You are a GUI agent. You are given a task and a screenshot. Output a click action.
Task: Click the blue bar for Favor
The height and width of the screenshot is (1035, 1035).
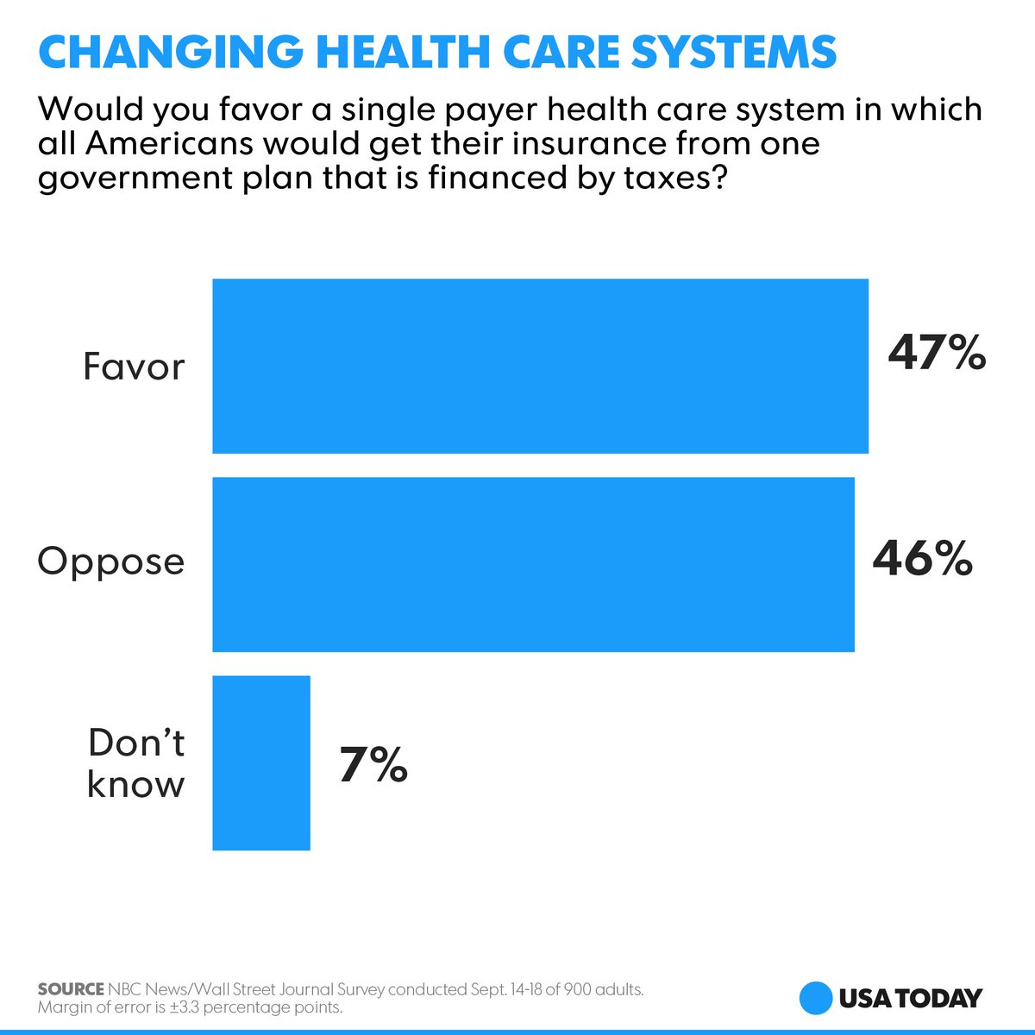coord(540,366)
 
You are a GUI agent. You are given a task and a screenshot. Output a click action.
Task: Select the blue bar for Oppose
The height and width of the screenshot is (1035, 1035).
coord(533,564)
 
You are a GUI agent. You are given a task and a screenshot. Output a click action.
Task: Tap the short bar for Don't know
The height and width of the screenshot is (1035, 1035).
coord(261,762)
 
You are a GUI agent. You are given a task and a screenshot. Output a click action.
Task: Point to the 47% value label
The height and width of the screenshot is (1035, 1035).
coord(937,353)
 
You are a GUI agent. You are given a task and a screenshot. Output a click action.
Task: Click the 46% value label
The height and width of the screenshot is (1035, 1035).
coord(923,558)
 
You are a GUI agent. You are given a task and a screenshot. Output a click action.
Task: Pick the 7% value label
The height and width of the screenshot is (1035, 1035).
coord(373,764)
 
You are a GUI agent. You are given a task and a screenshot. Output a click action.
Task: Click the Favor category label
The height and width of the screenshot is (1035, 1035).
coord(134,367)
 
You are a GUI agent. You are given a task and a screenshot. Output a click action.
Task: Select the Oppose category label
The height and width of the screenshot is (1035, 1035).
coord(111,562)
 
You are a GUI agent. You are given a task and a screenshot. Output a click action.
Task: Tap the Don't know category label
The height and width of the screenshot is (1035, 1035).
coord(136,763)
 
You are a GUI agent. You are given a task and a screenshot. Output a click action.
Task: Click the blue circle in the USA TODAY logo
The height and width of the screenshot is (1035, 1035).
coord(815,998)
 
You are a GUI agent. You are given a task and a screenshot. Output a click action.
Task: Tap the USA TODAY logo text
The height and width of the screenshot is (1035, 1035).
coord(910,998)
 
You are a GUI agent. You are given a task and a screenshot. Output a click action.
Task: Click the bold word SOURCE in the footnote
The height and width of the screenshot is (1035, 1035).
coord(71,989)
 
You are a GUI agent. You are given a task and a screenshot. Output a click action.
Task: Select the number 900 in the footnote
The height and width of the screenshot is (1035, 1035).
coord(579,989)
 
